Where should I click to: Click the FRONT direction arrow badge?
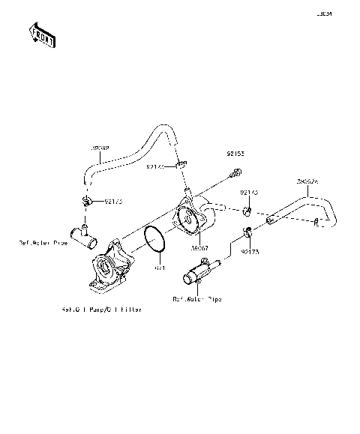click(40, 34)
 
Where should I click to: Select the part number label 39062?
click(100, 149)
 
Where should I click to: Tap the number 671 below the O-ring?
click(159, 268)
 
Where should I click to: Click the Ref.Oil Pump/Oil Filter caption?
click(102, 309)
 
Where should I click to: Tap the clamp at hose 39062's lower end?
click(87, 202)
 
